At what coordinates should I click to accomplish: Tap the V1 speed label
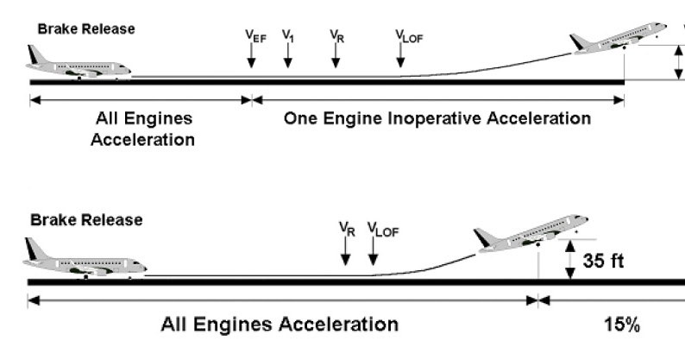click(288, 35)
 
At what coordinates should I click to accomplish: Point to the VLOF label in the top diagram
click(403, 35)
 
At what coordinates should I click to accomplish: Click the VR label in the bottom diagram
click(346, 229)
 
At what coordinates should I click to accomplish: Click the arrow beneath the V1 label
click(288, 56)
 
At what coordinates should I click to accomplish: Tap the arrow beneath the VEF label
click(251, 56)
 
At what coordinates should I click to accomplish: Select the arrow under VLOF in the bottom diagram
click(373, 252)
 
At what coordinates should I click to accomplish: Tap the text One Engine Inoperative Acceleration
click(437, 118)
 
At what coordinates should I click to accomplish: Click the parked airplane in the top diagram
click(79, 66)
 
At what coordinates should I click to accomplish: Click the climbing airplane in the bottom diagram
click(530, 232)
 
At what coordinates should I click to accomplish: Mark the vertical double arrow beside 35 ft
click(569, 260)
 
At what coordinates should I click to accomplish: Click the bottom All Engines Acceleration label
click(280, 325)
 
